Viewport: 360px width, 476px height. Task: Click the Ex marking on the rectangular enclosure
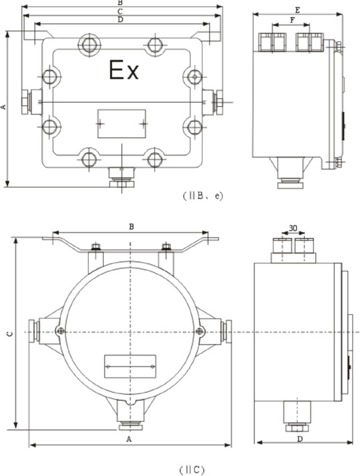point(124,70)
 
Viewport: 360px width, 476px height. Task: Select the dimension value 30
point(293,228)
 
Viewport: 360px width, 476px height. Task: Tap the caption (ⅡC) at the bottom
point(192,470)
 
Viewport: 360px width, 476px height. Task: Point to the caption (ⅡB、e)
point(202,196)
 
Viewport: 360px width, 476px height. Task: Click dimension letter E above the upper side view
point(298,10)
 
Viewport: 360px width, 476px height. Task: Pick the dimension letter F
point(292,20)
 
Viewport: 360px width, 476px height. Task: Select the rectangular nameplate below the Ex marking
point(121,123)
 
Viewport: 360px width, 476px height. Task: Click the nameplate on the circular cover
point(130,367)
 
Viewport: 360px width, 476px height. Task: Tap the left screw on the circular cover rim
point(61,331)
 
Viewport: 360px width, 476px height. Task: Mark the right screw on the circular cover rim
point(200,331)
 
